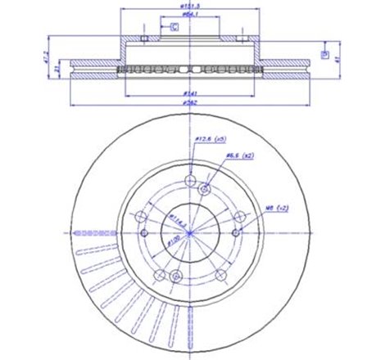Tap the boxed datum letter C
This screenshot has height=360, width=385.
(174, 28)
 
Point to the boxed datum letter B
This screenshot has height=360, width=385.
(325, 55)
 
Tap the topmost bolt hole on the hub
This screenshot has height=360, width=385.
(190, 182)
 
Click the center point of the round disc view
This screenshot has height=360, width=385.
(190, 234)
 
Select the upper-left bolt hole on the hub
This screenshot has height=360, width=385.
(141, 216)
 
